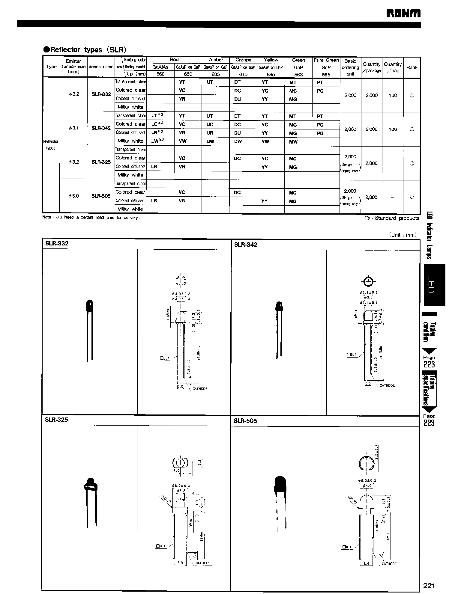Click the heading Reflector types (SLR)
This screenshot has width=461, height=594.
(x=85, y=50)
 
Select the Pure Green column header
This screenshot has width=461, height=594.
(x=326, y=60)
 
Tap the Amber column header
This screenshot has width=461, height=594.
(x=216, y=60)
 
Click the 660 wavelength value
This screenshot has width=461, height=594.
(x=160, y=74)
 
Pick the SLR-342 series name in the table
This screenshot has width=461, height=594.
(x=101, y=128)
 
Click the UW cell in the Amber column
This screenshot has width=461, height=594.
(x=210, y=141)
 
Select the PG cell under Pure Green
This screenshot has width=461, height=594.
(x=320, y=133)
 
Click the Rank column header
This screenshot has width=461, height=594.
(x=412, y=68)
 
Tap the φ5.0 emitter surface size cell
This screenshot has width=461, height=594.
(x=73, y=196)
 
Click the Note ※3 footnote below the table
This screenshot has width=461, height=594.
(x=91, y=218)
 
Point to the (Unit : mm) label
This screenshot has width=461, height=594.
(x=403, y=235)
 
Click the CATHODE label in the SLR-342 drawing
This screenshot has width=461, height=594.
(x=387, y=385)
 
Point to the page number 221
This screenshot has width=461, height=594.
(x=429, y=586)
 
